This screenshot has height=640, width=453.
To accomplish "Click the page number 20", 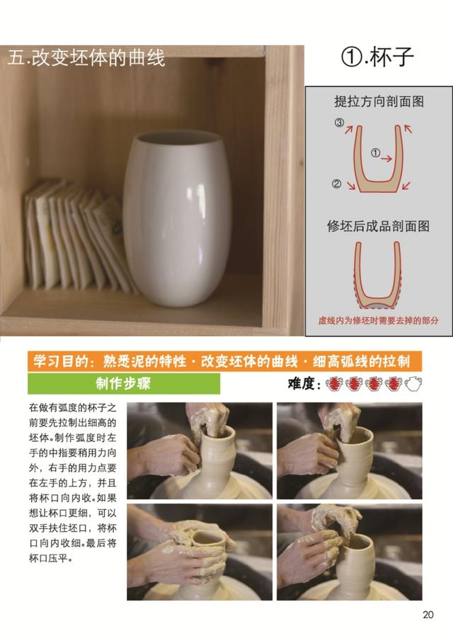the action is click(428, 615).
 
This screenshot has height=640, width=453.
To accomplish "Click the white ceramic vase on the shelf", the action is click(176, 219).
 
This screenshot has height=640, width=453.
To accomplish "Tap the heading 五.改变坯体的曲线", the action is click(86, 57).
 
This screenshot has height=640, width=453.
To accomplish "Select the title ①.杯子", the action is click(377, 57).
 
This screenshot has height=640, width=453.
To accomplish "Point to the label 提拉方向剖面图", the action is click(379, 102).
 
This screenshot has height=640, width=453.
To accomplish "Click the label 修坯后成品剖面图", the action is click(378, 226).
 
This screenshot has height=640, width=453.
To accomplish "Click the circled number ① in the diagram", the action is click(375, 153).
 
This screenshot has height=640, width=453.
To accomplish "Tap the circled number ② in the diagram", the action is click(336, 184).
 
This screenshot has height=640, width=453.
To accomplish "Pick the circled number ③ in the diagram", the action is click(339, 122).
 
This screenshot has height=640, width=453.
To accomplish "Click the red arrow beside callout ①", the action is click(387, 158).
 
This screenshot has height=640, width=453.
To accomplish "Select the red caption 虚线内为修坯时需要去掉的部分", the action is click(378, 320).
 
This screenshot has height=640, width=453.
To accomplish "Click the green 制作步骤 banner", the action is click(124, 384).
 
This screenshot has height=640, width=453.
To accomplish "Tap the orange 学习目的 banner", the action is click(224, 361).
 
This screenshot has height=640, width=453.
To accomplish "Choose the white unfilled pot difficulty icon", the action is click(413, 384).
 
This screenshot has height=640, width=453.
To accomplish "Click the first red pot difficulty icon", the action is click(334, 384).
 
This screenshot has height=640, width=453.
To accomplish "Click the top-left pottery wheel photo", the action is click(200, 450).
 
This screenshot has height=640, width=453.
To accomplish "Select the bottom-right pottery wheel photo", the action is click(349, 552).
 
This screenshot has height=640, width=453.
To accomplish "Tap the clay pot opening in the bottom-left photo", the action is click(207, 538).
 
